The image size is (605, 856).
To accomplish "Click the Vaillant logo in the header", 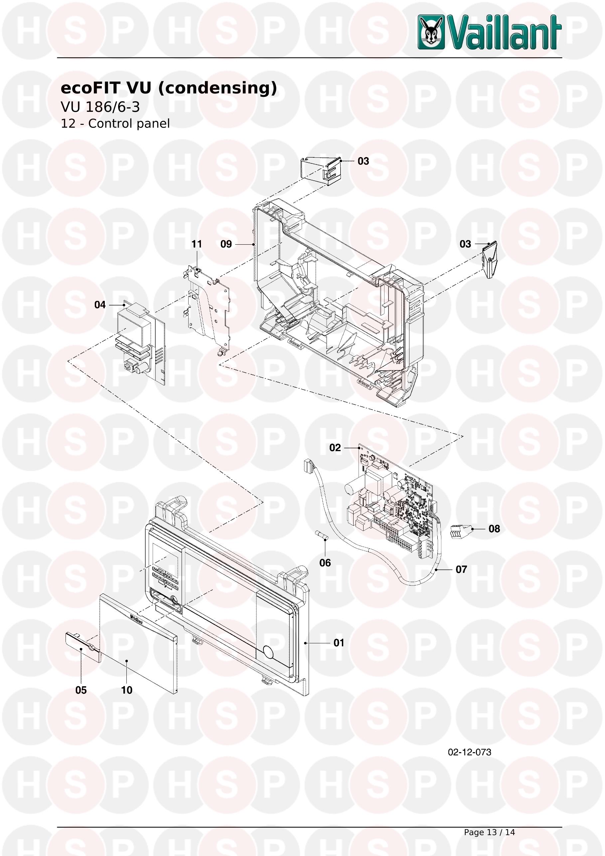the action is pos(490,32).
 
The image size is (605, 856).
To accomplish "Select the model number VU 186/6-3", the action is pos(100,107).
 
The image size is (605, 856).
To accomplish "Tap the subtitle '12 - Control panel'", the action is pos(115,123).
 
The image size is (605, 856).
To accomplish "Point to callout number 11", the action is pos(196,244).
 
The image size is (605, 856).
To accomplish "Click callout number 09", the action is pos(226,244).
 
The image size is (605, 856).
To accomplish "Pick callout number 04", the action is pos(100,305).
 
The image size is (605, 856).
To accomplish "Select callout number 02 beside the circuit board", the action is pos(335,448).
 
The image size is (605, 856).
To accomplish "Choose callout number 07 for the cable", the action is pos(461,569).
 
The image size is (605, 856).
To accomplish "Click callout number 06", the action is pos(325,563).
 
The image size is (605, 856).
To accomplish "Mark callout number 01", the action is pos(339,643).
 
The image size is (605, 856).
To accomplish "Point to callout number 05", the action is pos(81,690).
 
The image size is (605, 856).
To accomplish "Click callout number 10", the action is pos(127,690).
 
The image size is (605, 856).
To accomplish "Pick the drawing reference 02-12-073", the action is pos(469,752).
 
